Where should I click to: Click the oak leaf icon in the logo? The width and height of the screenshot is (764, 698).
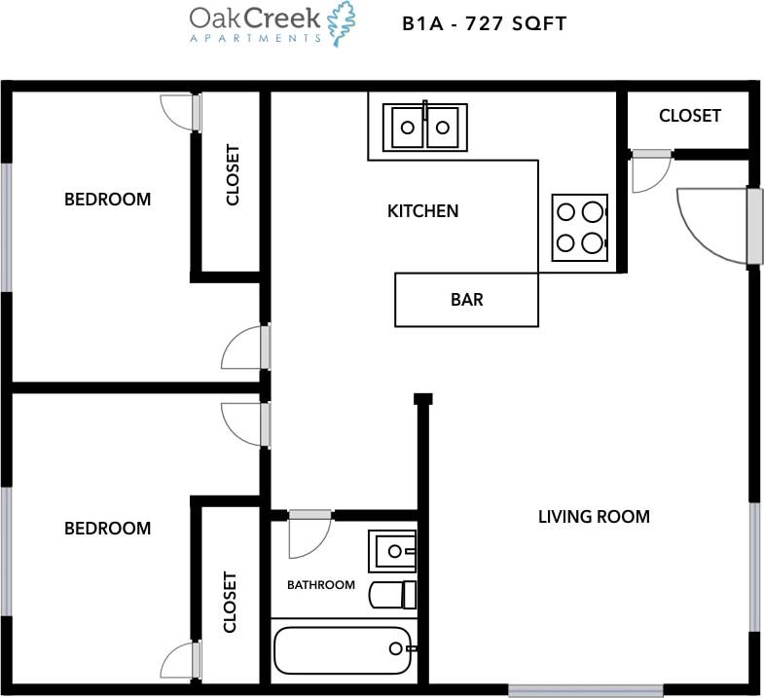(341, 23)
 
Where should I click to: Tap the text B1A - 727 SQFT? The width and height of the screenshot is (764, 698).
(484, 23)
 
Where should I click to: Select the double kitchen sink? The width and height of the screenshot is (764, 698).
(425, 127)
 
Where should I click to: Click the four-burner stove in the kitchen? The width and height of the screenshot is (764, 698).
(580, 228)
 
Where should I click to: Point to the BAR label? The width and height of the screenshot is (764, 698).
(466, 300)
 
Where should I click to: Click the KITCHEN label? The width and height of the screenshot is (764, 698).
(422, 210)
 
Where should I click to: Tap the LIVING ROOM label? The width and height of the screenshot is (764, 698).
(594, 516)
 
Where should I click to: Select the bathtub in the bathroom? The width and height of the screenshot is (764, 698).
(344, 650)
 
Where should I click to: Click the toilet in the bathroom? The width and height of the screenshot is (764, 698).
(394, 594)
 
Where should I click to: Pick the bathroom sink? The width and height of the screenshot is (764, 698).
(391, 551)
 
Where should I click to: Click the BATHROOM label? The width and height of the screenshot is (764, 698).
(320, 585)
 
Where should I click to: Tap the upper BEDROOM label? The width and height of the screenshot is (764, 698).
(107, 200)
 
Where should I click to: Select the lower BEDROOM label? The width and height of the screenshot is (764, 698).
(107, 529)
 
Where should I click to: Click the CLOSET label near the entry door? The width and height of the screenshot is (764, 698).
(689, 116)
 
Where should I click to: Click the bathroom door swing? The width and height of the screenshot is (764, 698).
(308, 535)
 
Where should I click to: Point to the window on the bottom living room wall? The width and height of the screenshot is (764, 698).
(585, 690)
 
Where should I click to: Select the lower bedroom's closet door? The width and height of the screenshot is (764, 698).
(180, 660)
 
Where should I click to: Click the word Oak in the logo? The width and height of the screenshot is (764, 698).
(212, 18)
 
